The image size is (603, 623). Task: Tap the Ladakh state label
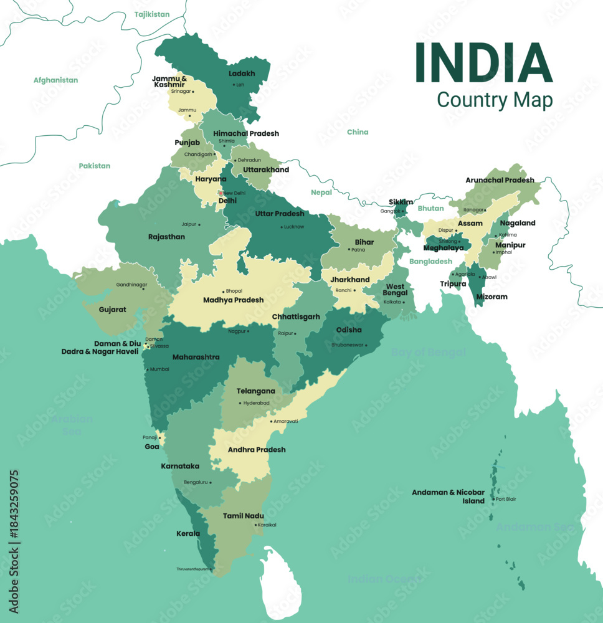coord(242,74)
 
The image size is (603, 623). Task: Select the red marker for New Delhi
coord(221,193)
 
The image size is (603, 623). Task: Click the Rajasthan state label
coord(166,237)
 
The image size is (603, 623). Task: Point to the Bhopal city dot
coord(224,292)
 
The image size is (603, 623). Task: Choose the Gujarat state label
coord(112,309)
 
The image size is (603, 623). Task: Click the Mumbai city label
coord(159,369)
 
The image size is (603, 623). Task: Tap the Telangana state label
coord(255,391)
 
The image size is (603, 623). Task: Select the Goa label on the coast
coord(152,447)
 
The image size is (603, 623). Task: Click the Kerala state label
coord(188,533)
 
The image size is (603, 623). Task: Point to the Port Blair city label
coord(506,499)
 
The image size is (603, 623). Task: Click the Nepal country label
coord(321,193)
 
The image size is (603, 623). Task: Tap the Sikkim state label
coord(401,202)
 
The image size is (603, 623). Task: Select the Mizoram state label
coord(491,297)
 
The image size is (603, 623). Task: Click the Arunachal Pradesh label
coord(500,180)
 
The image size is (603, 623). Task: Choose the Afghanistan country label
coord(55,80)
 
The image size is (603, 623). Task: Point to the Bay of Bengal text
coord(428,353)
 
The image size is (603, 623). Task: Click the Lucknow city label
coord(293,227)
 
